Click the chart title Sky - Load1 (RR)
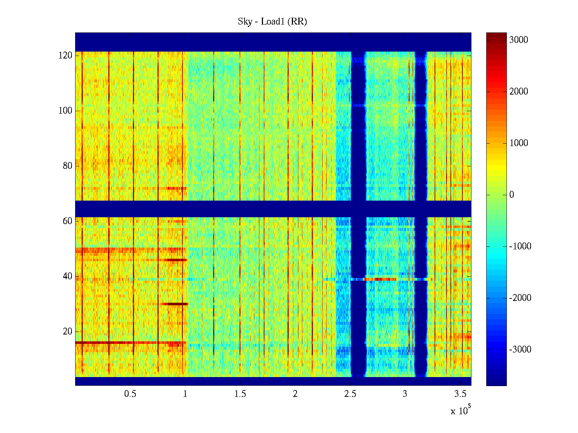coord(272,22)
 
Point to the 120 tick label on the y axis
coord(65,56)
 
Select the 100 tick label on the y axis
coord(65,111)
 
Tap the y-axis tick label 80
coord(68,166)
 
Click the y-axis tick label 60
coord(68,221)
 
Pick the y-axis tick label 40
coord(68,276)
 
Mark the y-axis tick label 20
coord(68,332)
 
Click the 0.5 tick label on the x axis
coord(130,394)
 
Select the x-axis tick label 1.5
coord(240,394)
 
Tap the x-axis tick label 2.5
coord(350,394)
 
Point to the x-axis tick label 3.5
coord(460,394)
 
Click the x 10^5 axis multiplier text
coord(460,411)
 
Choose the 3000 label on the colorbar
coord(518,40)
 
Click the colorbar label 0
coord(512,195)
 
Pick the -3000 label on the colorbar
coord(520,350)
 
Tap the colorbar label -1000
coord(520,246)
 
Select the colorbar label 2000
coord(518,92)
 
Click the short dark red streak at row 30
coord(175,304)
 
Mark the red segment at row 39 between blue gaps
coord(381,279)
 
